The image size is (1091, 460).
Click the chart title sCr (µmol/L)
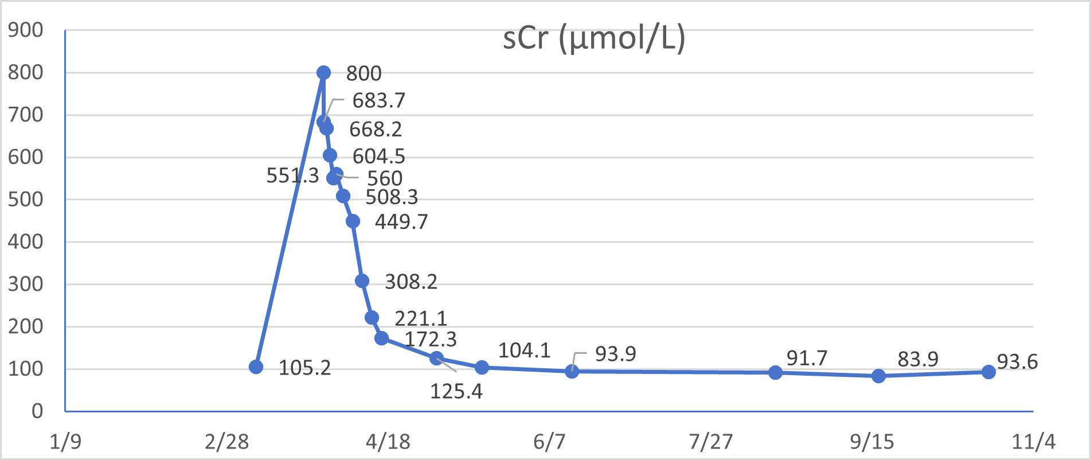point(594,39)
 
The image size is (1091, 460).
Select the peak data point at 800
point(323,72)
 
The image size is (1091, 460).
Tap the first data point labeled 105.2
point(256,367)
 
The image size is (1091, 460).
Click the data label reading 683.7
point(378,101)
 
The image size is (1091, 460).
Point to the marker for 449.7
point(353,221)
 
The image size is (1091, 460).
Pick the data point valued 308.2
point(362,280)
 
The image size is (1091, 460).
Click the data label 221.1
point(420,318)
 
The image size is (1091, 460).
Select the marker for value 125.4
point(436,358)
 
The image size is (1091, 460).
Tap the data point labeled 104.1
point(482,367)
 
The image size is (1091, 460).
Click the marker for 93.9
point(572,371)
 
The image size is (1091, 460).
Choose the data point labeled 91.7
point(775,373)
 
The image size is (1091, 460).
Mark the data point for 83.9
point(878,376)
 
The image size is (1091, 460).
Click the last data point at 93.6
point(988,372)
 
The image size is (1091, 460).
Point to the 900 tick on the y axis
point(26,30)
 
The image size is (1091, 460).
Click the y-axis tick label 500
point(26,200)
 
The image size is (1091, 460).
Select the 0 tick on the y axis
point(37,411)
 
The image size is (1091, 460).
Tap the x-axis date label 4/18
point(388,442)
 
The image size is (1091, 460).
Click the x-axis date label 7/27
point(711,442)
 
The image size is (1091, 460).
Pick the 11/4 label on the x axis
point(1033,442)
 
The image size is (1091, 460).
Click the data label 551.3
point(292,176)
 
